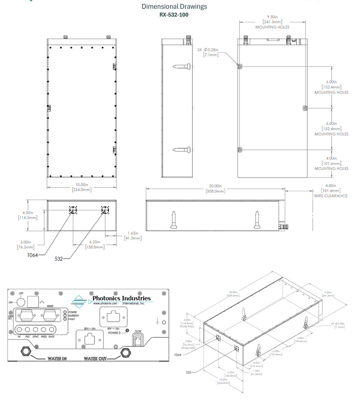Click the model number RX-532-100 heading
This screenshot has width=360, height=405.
(174, 15)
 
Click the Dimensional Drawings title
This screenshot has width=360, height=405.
(174, 6)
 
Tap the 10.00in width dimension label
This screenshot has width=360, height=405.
(82, 187)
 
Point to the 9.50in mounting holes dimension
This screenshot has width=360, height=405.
(273, 19)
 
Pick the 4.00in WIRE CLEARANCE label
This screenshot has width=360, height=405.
(331, 190)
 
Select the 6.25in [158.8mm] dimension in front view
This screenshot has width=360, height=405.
(96, 244)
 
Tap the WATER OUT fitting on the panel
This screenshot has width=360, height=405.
(126, 352)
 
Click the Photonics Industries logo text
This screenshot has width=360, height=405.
(121, 299)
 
